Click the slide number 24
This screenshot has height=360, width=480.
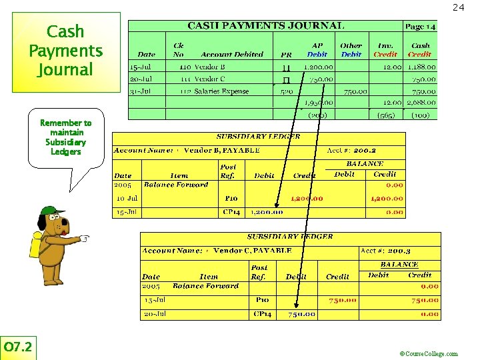[x=458, y=7]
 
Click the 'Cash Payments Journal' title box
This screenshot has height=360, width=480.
[x=66, y=51]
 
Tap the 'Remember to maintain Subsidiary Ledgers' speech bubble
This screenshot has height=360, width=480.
[x=66, y=137]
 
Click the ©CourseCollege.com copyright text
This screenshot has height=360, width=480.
[x=428, y=354]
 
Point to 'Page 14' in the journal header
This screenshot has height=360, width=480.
[x=420, y=26]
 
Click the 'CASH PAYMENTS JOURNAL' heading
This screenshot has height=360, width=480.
[x=265, y=26]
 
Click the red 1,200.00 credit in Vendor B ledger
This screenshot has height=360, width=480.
[x=307, y=198]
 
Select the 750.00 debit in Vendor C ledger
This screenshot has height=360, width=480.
[x=301, y=314]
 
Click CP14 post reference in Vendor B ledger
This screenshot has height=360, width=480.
[x=231, y=212]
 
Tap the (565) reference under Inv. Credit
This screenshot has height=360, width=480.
[x=385, y=115]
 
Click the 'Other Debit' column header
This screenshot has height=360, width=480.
[x=351, y=50]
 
